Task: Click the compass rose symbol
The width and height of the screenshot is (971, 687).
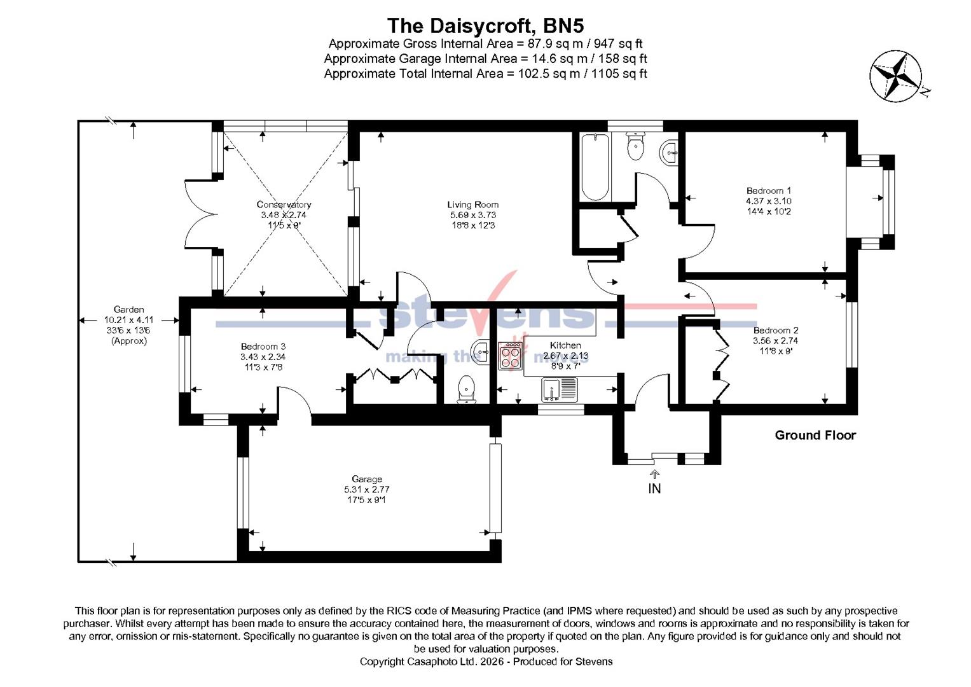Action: (895, 76)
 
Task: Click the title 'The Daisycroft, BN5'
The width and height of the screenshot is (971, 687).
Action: (485, 25)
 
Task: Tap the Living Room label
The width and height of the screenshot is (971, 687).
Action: (472, 205)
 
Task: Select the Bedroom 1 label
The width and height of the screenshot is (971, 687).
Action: (768, 191)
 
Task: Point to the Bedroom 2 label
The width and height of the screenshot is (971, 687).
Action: (775, 331)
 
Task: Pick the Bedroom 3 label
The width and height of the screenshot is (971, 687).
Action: (258, 347)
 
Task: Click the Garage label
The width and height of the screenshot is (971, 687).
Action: (367, 479)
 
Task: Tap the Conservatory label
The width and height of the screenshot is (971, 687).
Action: (284, 205)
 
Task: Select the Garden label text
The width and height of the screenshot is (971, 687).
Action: (128, 310)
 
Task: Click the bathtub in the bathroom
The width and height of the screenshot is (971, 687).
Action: (596, 167)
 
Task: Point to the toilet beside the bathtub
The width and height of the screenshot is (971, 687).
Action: (635, 147)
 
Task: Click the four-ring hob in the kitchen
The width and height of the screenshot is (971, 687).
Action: (511, 356)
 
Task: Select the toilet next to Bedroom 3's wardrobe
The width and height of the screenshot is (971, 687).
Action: (466, 389)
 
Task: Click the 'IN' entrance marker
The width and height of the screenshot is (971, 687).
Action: (654, 489)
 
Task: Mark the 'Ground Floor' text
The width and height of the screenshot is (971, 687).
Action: (815, 435)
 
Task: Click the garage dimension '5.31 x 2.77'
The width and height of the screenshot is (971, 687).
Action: (367, 490)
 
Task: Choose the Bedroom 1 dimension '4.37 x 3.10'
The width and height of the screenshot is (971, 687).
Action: (768, 201)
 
